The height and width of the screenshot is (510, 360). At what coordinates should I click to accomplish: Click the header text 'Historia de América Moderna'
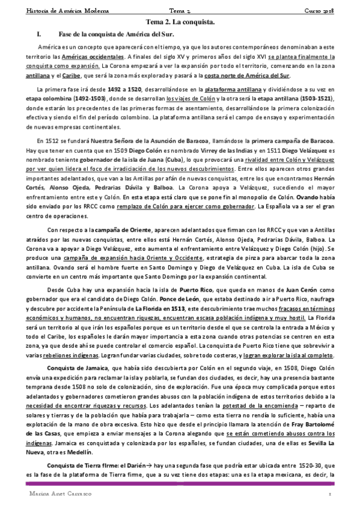[x=46, y=10]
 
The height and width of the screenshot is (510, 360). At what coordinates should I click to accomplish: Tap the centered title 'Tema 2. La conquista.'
[x=180, y=22]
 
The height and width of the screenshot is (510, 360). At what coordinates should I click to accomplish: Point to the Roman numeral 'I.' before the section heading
[x=40, y=35]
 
